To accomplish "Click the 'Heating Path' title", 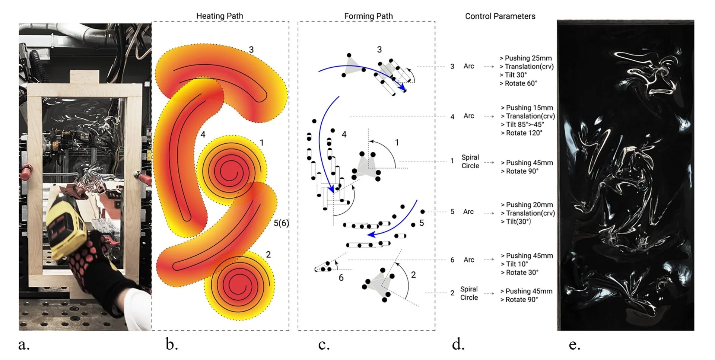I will (219, 16).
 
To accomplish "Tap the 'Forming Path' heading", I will (368, 16).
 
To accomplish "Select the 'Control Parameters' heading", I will (500, 16).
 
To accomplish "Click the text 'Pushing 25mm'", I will (528, 58).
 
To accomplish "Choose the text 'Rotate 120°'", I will (524, 133).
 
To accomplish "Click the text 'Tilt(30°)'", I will (518, 222).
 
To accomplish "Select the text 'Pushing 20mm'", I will (529, 205).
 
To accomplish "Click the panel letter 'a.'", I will (24, 345).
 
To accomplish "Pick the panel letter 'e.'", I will (574, 345).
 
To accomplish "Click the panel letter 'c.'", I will (324, 345).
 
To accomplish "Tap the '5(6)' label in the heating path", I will (281, 223).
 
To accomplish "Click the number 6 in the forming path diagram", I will (341, 278).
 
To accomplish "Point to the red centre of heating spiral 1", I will (231, 172).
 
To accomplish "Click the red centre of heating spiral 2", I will (237, 285).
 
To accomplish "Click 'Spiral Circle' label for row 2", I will (469, 293).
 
